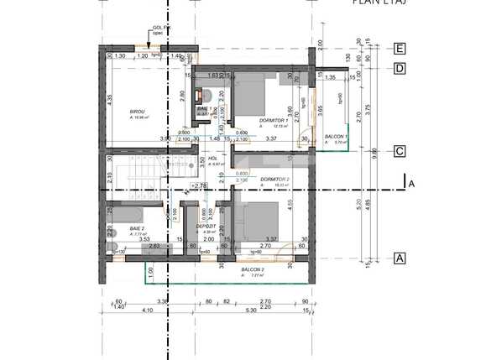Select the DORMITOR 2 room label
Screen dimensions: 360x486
pyautogui.click(x=274, y=180)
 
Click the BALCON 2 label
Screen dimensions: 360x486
pyautogui.click(x=251, y=269)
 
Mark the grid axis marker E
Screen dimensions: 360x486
pyautogui.click(x=400, y=49)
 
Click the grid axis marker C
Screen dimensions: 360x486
pyautogui.click(x=400, y=151)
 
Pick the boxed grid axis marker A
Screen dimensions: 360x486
pyautogui.click(x=400, y=258)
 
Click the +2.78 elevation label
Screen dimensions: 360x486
pyautogui.click(x=199, y=185)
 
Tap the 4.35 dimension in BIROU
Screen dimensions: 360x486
pyautogui.click(x=111, y=99)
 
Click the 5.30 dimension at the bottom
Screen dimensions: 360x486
pyautogui.click(x=250, y=310)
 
